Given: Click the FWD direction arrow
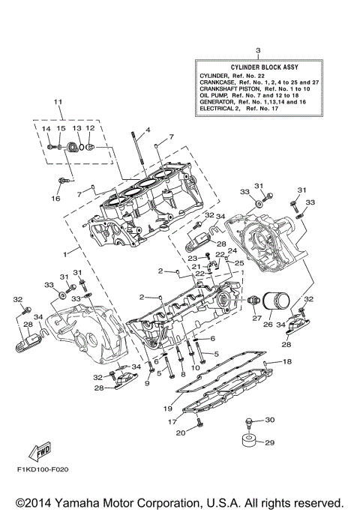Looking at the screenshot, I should click(x=37, y=452).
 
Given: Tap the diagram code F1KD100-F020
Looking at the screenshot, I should click(x=37, y=471).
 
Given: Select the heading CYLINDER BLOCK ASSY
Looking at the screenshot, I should click(x=256, y=67).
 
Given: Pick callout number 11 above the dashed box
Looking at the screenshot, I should click(x=57, y=101).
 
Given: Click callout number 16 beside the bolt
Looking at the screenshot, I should click(x=55, y=199).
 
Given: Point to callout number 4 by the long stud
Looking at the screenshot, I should click(x=148, y=129).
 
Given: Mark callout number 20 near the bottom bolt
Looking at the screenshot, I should click(x=180, y=433).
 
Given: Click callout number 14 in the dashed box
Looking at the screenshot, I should click(x=46, y=129).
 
